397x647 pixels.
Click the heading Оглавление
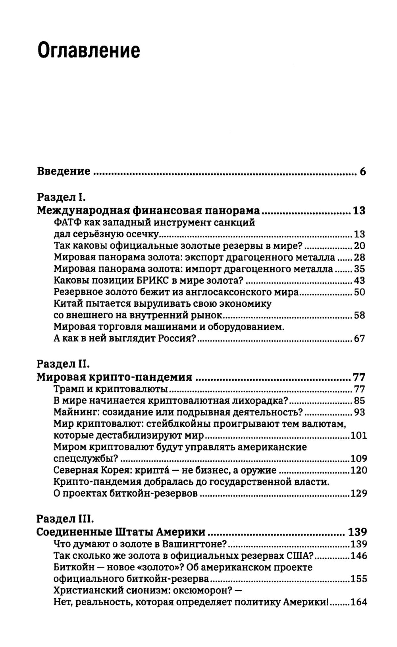point(89,51)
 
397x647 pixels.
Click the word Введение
point(64,171)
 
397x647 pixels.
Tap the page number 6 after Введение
point(362,172)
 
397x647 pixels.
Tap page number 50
point(359,293)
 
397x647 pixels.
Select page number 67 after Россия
point(359,339)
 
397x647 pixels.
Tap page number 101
point(358,436)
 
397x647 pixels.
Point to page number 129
point(358,494)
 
